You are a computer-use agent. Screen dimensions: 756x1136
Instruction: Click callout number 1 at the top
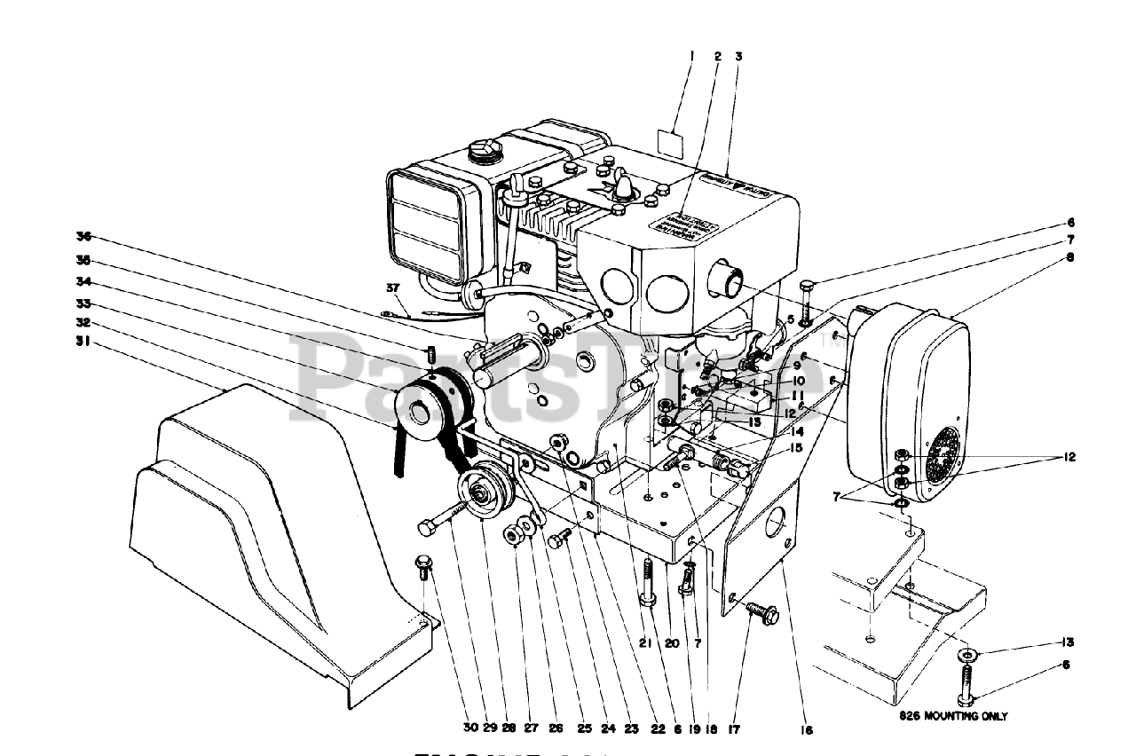point(691,55)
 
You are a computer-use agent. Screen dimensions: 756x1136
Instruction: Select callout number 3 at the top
point(738,55)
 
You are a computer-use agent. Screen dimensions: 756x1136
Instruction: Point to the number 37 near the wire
point(394,287)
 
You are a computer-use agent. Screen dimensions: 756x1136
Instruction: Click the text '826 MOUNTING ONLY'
point(951,715)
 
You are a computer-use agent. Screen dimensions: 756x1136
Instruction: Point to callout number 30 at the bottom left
point(469,730)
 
